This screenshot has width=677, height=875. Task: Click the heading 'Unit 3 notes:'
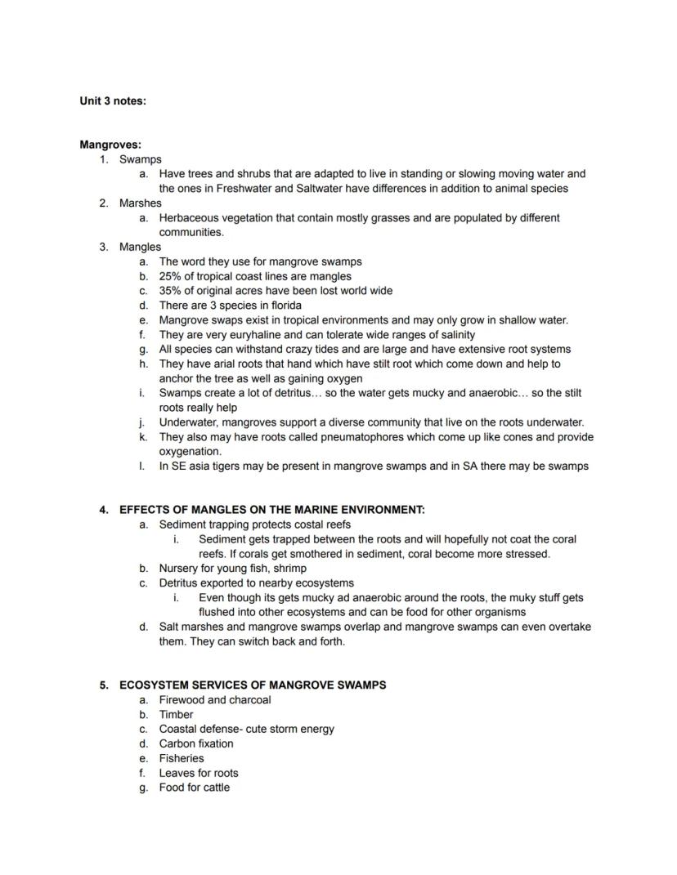(113, 101)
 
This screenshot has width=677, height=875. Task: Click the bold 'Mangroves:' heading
(110, 145)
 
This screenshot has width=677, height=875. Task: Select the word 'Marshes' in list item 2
(141, 203)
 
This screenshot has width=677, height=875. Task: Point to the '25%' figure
(171, 276)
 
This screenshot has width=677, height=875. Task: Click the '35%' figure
(171, 291)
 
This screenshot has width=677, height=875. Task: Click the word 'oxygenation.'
(190, 452)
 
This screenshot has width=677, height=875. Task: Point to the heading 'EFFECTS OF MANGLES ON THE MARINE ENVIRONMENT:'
(272, 510)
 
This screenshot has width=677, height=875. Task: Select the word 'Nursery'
(179, 569)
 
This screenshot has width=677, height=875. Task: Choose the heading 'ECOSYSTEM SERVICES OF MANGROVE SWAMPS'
(253, 685)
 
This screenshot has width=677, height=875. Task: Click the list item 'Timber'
(176, 715)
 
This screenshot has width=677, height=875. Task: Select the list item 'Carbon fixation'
(196, 744)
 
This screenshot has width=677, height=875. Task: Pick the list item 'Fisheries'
(182, 759)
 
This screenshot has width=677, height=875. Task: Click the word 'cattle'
(213, 788)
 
